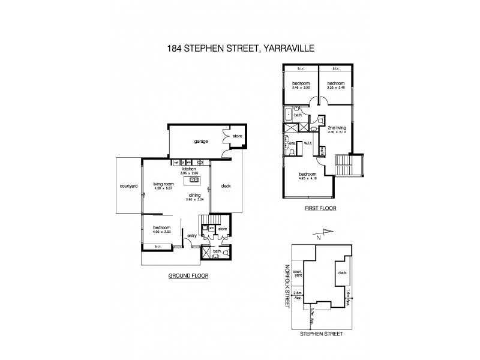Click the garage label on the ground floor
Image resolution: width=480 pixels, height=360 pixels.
coord(193,142)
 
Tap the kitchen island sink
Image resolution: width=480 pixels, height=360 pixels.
coord(194,179)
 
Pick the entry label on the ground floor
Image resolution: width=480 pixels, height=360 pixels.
coord(191,236)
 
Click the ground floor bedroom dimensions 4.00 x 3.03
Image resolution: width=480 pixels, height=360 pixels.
coord(161,233)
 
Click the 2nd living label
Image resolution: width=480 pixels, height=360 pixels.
coord(336,128)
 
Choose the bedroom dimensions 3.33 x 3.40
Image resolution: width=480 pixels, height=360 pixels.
coord(335,88)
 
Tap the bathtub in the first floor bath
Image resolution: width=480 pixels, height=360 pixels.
coord(287,114)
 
